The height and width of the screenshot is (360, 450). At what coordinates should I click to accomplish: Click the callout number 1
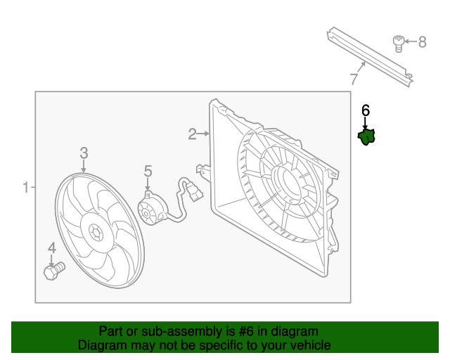pos(26,188)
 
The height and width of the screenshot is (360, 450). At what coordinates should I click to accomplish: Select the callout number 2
pos(192,134)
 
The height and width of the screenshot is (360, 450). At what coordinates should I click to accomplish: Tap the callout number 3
pos(84,153)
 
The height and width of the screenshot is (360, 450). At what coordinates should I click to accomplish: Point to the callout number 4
pos(52,247)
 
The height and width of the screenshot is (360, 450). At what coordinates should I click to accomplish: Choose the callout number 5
pos(148,171)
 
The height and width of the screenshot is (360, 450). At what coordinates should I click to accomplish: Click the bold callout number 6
pos(366,110)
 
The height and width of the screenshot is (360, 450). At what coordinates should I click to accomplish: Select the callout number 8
pos(422,42)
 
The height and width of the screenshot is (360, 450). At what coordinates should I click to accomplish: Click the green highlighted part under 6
pos(366,136)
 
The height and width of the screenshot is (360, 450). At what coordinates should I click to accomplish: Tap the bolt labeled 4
pos(53,270)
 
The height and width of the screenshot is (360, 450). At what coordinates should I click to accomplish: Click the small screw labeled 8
pos(399,44)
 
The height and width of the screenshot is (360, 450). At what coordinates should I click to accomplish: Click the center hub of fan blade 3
pos(95,230)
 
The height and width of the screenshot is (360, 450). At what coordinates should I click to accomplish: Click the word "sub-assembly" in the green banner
pos(163,331)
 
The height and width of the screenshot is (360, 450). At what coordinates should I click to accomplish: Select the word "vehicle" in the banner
pos(307,345)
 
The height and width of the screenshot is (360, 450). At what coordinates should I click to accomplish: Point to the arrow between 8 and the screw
pos(411,42)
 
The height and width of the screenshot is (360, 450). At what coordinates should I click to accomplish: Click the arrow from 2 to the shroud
pos(205,133)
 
